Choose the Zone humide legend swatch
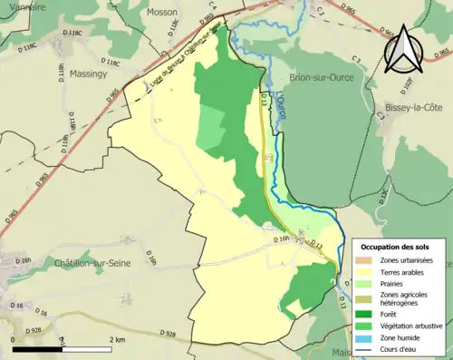click(368, 337)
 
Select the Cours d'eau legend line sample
click(368, 349)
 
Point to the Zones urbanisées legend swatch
click(368, 260)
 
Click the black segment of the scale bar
click(36, 348)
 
